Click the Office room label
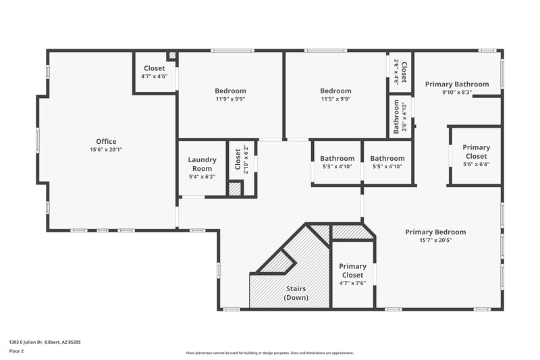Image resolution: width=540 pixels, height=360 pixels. tap(107, 141)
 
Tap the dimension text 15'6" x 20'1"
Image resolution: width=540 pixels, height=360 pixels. tap(107, 150)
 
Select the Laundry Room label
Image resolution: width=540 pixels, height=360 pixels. tap(202, 164)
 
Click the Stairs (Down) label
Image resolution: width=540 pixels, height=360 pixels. tap(296, 293)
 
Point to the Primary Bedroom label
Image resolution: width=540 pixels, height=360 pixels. tap(435, 232)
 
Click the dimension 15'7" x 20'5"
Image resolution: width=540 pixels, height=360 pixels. tap(435, 240)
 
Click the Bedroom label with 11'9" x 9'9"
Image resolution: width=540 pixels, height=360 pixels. tap(230, 91)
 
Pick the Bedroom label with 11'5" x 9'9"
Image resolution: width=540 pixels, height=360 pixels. tap(335, 91)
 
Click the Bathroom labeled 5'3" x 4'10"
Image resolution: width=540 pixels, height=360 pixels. tap(337, 158)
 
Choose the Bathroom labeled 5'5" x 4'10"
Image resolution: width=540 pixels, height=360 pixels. tap(387, 158)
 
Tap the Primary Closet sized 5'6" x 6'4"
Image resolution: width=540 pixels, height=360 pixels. tap(476, 151)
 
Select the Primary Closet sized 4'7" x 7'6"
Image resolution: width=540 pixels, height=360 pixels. tap(352, 270)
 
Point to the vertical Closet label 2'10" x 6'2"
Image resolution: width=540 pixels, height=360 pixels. tap(237, 159)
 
